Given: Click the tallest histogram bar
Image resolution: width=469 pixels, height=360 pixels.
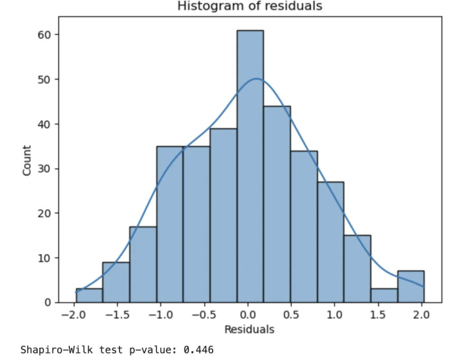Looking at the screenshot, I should coord(250,166).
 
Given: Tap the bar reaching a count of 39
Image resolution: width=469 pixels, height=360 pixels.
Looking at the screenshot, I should coord(223,215).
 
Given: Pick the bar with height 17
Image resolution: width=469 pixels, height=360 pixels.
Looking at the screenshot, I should coord(143,264).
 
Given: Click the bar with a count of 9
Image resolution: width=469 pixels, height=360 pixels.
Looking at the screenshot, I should coord(116,282).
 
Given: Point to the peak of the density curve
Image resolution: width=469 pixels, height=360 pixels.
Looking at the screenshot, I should coord(256,79).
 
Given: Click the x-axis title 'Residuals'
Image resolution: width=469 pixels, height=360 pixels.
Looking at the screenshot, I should coord(249,330).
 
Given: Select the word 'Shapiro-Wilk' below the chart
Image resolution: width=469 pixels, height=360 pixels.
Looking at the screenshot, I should coord(54,350).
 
